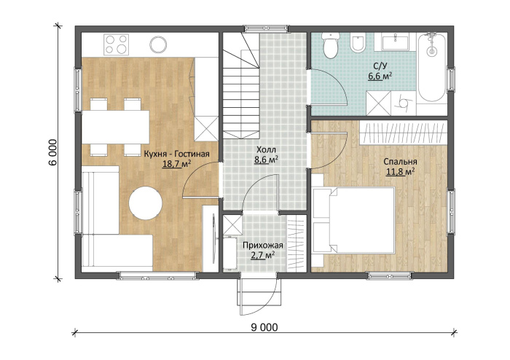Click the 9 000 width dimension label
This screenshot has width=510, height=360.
[264, 326]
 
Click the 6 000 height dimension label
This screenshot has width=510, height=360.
[52, 152]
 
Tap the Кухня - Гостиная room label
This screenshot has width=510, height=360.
[176, 154]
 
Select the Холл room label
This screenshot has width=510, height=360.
[266, 150]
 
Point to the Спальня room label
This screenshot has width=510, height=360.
[400, 162]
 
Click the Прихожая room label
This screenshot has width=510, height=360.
[263, 245]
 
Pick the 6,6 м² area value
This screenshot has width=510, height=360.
[380, 77]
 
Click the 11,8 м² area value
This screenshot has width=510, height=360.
[400, 171]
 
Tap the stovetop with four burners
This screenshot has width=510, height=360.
[116, 44]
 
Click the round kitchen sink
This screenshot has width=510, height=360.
[158, 44]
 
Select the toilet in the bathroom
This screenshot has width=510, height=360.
[331, 45]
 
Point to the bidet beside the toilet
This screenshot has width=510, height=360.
[358, 44]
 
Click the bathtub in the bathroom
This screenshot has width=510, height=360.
[431, 66]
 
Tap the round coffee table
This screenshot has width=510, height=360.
[146, 203]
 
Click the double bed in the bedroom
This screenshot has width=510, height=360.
[354, 220]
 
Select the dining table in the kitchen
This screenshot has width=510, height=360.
[115, 127]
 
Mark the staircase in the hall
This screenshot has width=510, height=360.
[241, 85]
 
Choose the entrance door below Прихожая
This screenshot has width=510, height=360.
[260, 294]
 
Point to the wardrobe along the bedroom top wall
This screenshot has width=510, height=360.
[403, 133]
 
